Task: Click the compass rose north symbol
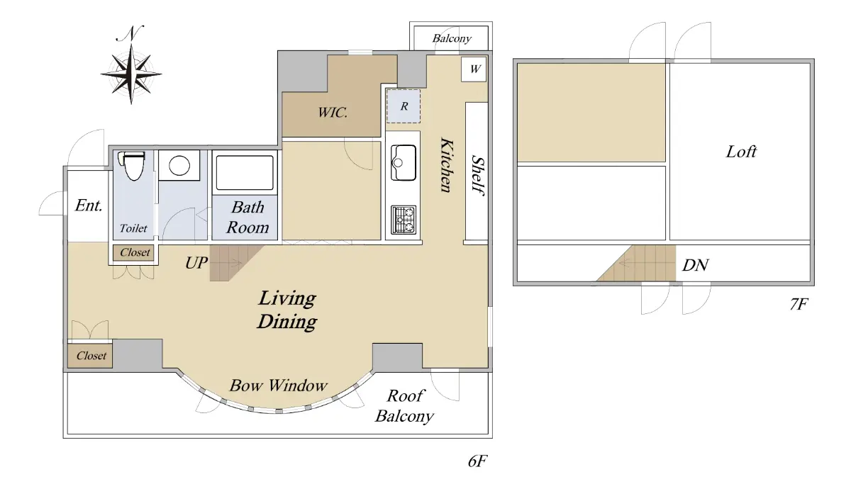[131, 65]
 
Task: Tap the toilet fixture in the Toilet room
[131, 166]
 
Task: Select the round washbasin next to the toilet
[179, 166]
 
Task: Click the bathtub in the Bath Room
[245, 173]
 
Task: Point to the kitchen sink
[404, 162]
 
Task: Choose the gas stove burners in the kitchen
[404, 220]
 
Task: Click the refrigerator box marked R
[404, 106]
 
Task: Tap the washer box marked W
[474, 69]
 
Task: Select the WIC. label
[333, 113]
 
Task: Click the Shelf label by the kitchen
[477, 175]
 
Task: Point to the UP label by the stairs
[196, 263]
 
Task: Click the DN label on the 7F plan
[695, 265]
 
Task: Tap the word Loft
[741, 152]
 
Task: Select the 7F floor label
[799, 304]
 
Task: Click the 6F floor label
[477, 461]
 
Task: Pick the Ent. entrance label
[89, 206]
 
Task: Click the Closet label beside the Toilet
[135, 252]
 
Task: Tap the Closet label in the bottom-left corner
[91, 356]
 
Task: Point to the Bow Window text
[278, 386]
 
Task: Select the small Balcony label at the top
[452, 38]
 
